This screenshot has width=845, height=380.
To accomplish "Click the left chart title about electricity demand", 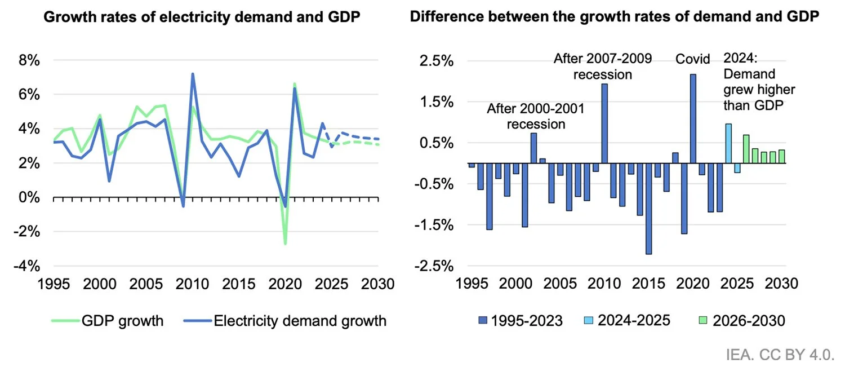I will (x=202, y=17).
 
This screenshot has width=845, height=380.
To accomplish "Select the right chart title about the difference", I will (x=614, y=17).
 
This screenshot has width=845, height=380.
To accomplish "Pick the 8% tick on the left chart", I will (x=29, y=60).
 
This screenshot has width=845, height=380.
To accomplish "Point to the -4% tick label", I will (x=27, y=266).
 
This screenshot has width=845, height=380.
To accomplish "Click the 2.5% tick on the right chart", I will (x=437, y=60).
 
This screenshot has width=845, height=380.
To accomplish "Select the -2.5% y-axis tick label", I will (x=434, y=266).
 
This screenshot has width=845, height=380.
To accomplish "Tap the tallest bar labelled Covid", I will (x=693, y=118).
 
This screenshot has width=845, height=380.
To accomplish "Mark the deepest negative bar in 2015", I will (x=648, y=209).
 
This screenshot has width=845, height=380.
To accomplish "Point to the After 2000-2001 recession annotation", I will (x=535, y=116).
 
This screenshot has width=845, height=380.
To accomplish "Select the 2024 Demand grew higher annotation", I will (x=759, y=82).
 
